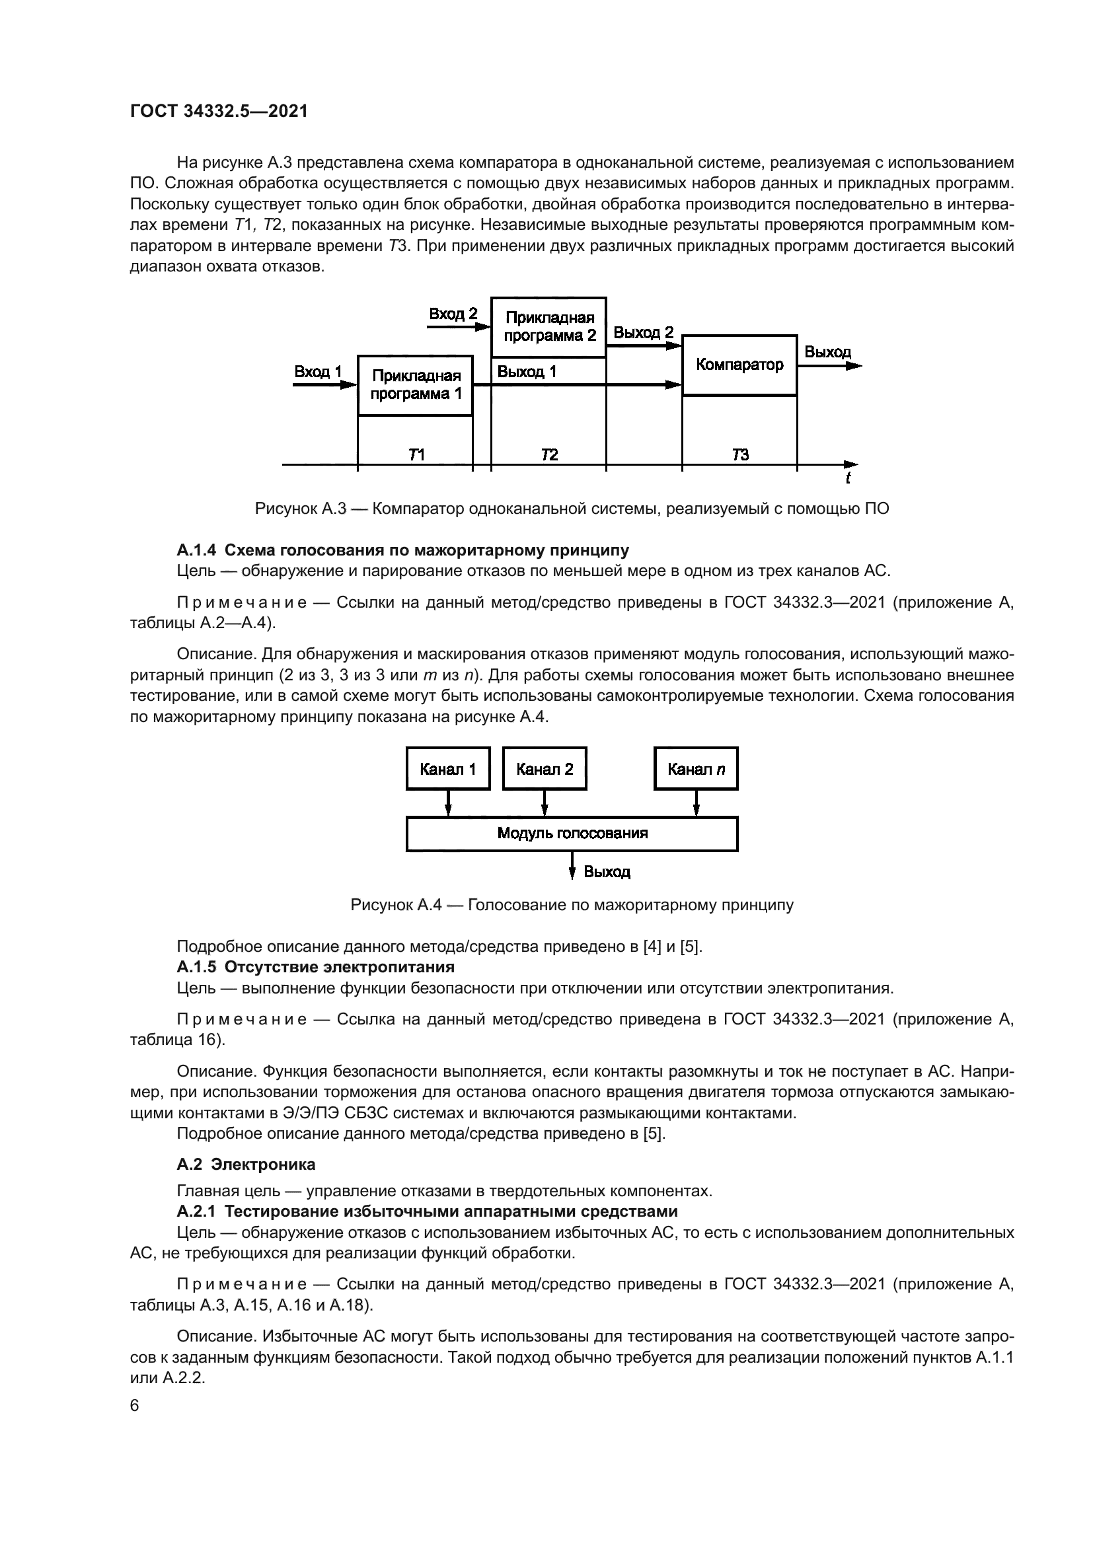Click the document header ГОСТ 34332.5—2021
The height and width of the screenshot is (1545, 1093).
219,112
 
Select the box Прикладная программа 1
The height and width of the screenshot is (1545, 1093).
415,386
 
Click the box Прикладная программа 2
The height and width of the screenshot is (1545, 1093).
548,327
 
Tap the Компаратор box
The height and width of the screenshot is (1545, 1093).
739,365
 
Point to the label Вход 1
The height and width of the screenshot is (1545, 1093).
318,371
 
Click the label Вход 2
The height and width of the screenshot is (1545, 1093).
453,314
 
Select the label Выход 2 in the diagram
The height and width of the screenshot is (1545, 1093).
643,332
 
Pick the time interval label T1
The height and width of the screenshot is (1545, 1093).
416,455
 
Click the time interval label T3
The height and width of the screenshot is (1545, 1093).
739,455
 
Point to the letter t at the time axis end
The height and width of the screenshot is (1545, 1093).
847,478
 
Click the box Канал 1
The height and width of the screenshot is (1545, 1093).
447,768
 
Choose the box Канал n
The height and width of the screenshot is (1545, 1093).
696,768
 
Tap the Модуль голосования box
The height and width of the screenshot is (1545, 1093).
572,834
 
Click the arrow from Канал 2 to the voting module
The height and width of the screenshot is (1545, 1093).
545,803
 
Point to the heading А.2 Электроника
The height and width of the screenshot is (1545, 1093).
246,1164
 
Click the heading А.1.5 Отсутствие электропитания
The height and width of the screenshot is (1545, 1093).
315,967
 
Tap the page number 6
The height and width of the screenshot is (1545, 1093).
135,1406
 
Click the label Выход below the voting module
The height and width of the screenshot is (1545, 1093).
607,872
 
